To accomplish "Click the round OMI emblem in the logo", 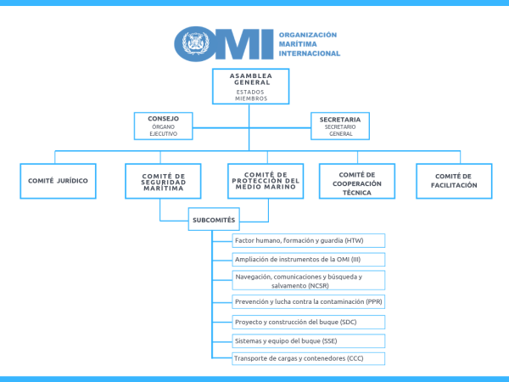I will (192, 43).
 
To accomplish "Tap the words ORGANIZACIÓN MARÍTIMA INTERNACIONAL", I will (310, 44).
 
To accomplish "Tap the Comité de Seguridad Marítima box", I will (164, 182).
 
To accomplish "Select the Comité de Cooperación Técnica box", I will (356, 182).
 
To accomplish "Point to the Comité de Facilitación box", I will (454, 182).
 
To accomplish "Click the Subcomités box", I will (214, 221).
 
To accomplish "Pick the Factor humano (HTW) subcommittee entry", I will (308, 241).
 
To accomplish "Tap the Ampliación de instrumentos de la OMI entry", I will (308, 260).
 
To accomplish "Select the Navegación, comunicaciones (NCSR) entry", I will (308, 281).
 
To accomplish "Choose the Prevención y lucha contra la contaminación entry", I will (308, 301).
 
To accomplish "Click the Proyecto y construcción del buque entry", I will (308, 322).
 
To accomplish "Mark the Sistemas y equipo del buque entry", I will (308, 341).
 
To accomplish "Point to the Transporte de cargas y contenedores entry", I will (308, 358).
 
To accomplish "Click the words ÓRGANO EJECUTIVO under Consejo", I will (163, 130).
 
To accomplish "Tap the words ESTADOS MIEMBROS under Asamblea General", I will (251, 94).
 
